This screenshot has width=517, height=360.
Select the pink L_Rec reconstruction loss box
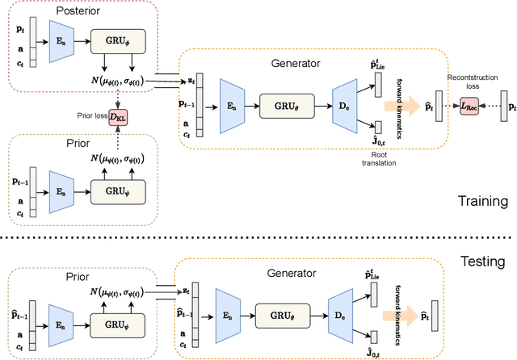[x=469, y=105]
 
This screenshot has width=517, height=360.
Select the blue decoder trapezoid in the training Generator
[x=346, y=104]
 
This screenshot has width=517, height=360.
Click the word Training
[x=481, y=202]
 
